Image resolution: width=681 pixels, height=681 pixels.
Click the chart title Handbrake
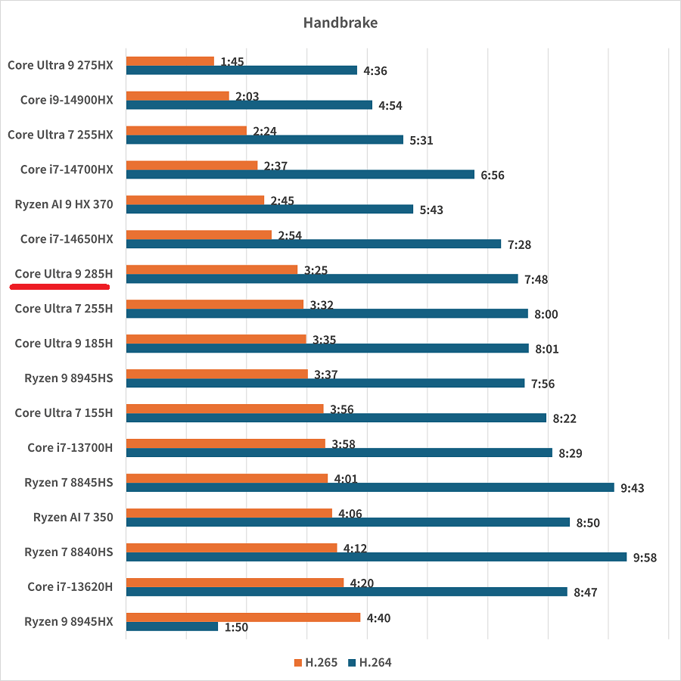pyautogui.click(x=340, y=23)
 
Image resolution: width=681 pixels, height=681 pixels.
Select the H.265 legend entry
pyautogui.click(x=316, y=663)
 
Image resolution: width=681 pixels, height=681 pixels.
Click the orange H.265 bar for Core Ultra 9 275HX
pyautogui.click(x=170, y=61)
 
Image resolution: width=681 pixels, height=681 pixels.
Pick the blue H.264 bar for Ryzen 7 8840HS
pyautogui.click(x=376, y=557)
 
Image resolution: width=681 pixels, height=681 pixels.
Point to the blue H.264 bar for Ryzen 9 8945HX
pyautogui.click(x=172, y=627)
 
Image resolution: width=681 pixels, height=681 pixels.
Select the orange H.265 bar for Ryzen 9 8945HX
pyautogui.click(x=243, y=617)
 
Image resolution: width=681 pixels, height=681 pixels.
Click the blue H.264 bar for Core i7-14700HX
pyautogui.click(x=300, y=175)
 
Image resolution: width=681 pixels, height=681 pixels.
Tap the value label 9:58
pyautogui.click(x=645, y=558)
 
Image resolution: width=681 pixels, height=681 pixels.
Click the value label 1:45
pyautogui.click(x=232, y=62)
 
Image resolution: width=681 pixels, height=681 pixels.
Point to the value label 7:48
pyautogui.click(x=536, y=280)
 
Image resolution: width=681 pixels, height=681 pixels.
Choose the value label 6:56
pyautogui.click(x=492, y=176)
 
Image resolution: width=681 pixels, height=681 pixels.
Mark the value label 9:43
pyautogui.click(x=632, y=488)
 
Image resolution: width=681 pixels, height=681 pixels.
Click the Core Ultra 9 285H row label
pyautogui.click(x=64, y=274)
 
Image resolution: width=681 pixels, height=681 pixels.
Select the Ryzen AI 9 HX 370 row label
pyautogui.click(x=64, y=204)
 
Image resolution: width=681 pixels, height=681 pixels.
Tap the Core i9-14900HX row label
pyautogui.click(x=67, y=100)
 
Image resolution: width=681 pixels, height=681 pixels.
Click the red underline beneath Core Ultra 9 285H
pyautogui.click(x=61, y=288)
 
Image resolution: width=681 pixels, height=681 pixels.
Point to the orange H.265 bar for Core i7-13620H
pyautogui.click(x=235, y=583)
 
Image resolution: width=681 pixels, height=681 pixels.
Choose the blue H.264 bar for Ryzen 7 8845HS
pyautogui.click(x=370, y=487)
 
